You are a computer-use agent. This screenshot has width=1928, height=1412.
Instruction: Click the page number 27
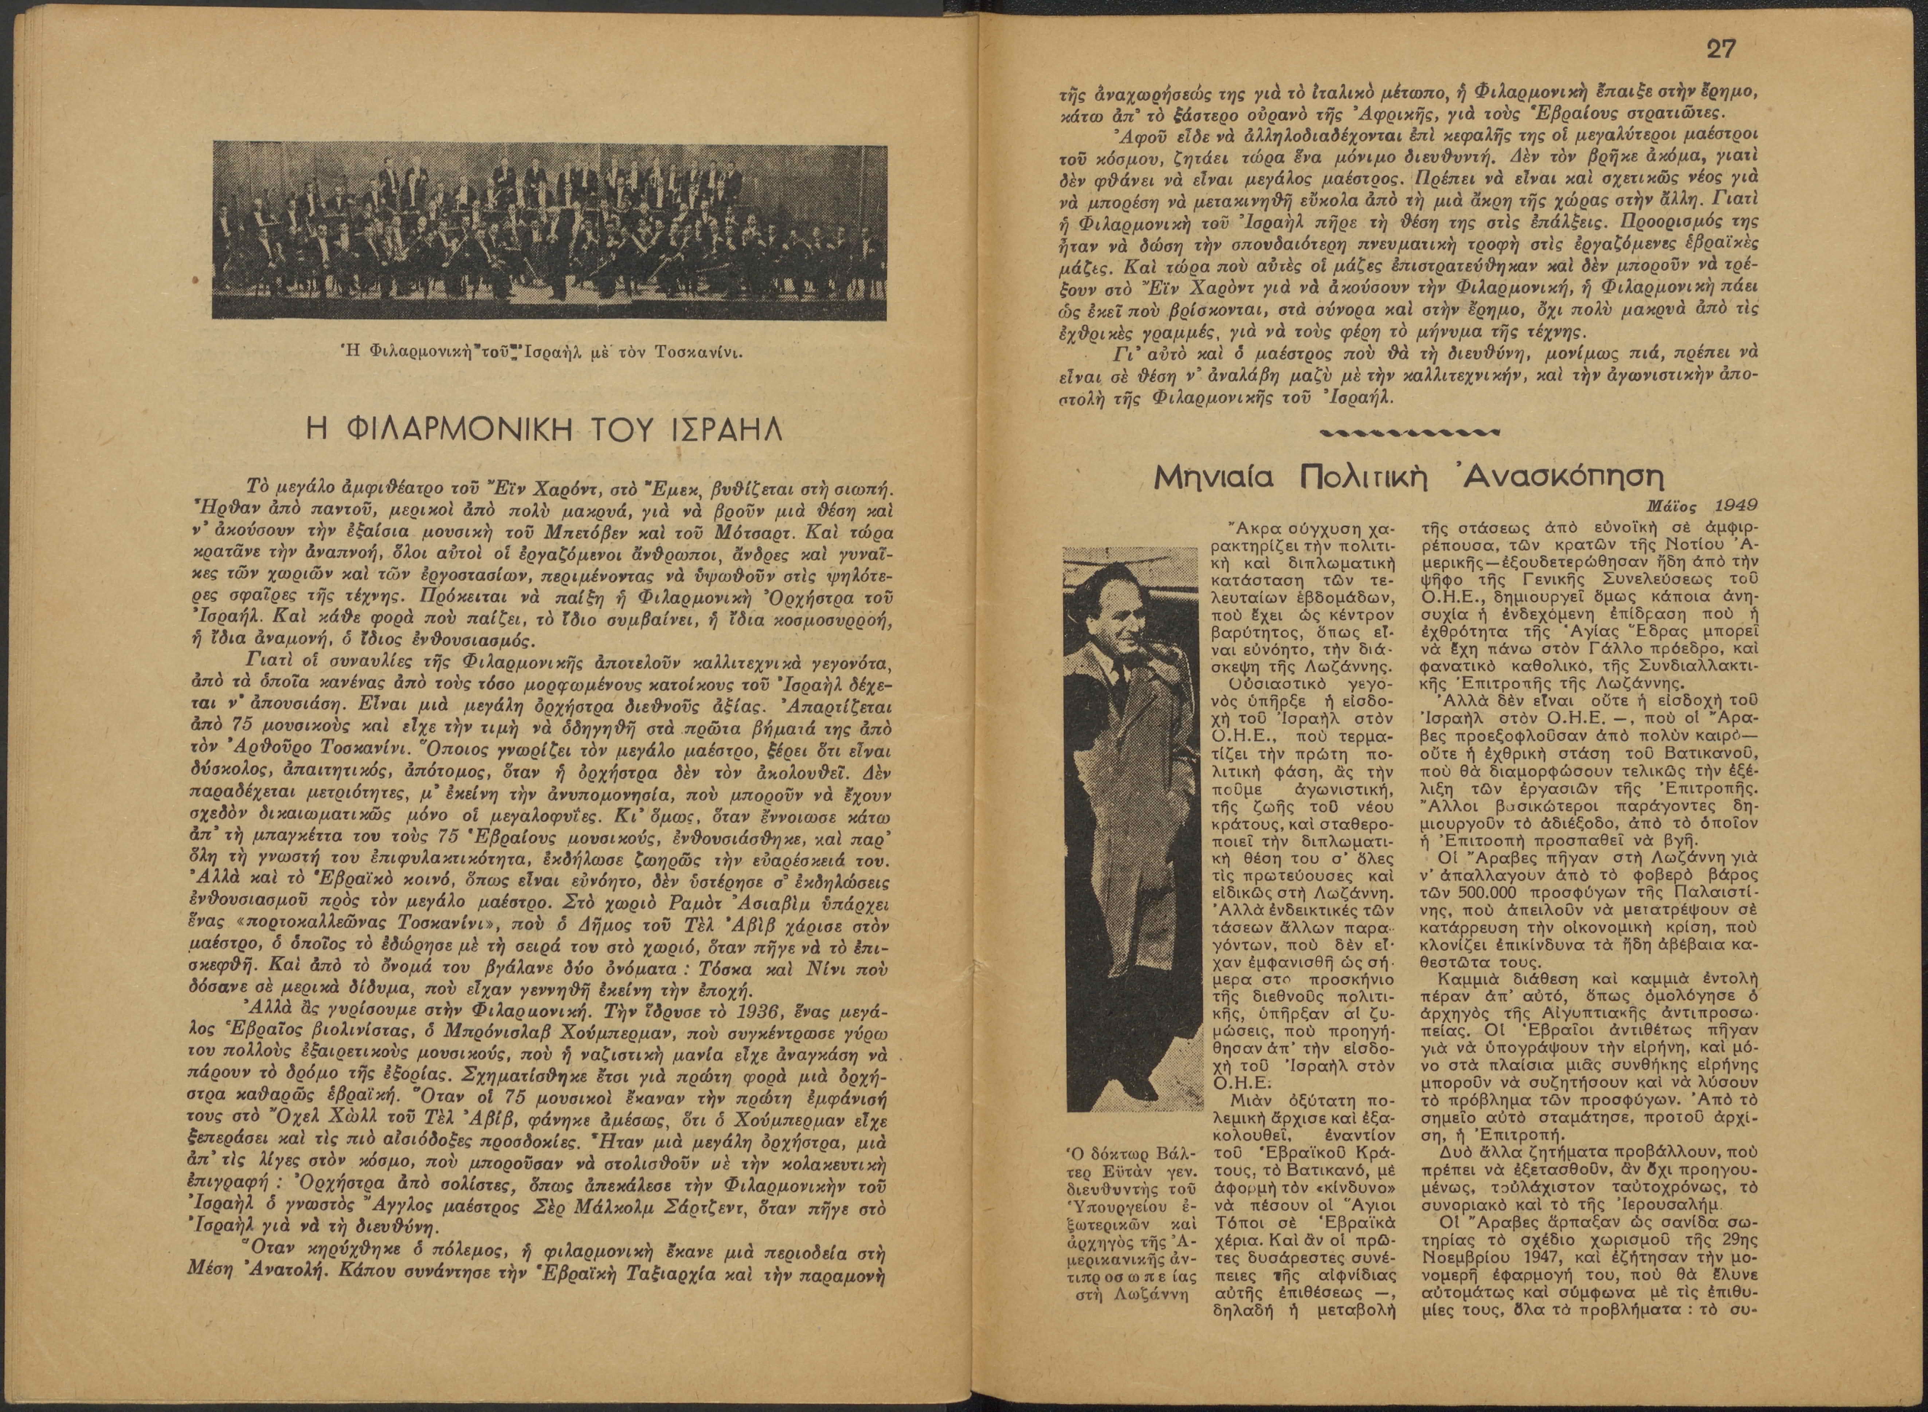[x=1720, y=49]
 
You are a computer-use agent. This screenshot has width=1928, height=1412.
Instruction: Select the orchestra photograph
[x=549, y=231]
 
